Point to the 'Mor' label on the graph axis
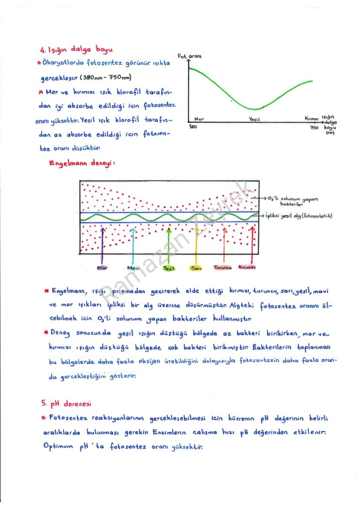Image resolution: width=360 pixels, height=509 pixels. [199, 119]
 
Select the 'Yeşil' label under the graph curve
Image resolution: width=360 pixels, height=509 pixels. [254, 119]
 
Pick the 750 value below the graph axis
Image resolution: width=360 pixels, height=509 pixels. [314, 128]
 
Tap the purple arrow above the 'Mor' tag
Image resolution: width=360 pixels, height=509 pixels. [103, 243]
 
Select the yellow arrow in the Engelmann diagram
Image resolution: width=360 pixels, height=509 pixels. [196, 243]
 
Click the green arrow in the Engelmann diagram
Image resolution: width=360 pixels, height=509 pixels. [168, 243]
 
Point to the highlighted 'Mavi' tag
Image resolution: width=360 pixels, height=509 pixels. [133, 268]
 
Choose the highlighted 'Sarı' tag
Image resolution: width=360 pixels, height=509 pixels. [196, 268]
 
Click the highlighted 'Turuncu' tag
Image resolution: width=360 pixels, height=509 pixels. [223, 267]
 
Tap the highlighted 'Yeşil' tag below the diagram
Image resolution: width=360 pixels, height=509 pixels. [168, 269]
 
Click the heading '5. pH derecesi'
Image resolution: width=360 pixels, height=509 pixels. [65, 404]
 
